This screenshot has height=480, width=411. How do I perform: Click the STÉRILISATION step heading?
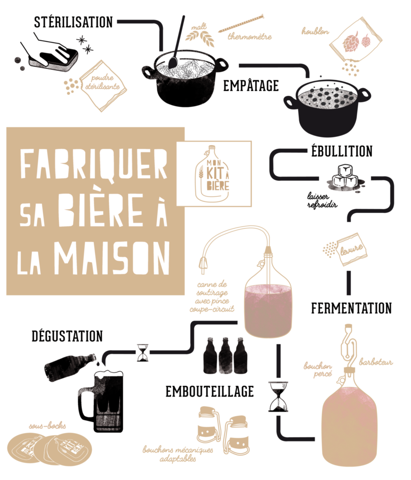click(73, 22)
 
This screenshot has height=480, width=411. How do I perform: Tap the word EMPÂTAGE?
click(251, 85)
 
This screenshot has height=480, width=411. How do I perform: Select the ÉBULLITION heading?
click(342, 151)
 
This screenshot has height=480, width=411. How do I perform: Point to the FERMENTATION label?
click(352, 308)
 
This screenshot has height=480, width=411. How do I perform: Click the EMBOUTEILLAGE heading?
click(210, 391)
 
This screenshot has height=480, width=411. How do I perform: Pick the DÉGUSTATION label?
click(67, 336)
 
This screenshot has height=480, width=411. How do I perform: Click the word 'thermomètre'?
click(250, 37)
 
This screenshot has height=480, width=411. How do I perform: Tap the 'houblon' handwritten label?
click(316, 31)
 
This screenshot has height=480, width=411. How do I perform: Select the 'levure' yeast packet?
click(352, 249)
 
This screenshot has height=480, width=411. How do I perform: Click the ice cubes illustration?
click(345, 178)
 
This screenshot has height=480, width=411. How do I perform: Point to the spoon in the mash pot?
click(177, 42)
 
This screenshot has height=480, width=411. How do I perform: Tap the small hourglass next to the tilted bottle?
click(142, 352)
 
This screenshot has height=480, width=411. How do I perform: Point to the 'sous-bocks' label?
click(47, 426)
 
